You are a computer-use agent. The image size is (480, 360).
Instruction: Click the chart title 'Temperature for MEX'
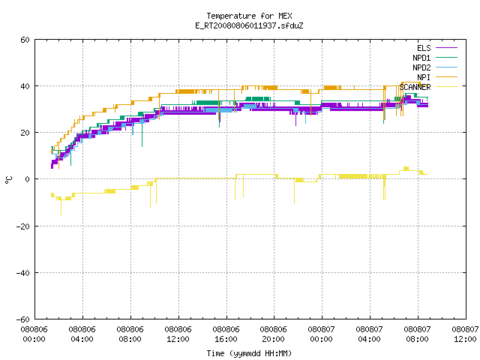(249, 16)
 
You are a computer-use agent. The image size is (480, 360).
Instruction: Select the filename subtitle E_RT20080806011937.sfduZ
(249, 25)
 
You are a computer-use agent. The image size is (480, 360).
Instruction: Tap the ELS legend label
(424, 48)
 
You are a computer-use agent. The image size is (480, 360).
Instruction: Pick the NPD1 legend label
(421, 58)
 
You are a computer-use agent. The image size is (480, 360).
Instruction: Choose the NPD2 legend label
(421, 67)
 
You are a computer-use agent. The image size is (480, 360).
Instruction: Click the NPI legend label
(424, 77)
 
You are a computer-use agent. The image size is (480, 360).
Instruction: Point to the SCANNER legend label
(415, 87)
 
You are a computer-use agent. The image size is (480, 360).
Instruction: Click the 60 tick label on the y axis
(25, 40)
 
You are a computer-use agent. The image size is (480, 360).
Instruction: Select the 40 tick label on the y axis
(25, 86)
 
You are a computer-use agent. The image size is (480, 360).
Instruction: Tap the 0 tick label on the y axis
(27, 179)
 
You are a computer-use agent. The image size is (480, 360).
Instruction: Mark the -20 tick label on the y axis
(22, 226)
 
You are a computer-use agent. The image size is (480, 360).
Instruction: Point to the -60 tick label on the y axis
(22, 319)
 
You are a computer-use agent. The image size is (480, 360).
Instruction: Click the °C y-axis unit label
(8, 180)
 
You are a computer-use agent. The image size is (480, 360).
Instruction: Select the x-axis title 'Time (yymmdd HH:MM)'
(249, 353)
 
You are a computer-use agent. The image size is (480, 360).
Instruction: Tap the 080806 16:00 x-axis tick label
(226, 334)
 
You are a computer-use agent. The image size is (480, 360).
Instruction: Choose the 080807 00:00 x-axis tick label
(321, 334)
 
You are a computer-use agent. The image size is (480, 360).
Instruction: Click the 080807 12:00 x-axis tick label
(465, 334)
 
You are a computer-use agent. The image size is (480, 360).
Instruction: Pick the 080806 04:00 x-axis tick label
(82, 334)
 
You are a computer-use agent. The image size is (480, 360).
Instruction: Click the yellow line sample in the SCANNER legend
(446, 87)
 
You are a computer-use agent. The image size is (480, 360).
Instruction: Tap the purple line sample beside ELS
(446, 48)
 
